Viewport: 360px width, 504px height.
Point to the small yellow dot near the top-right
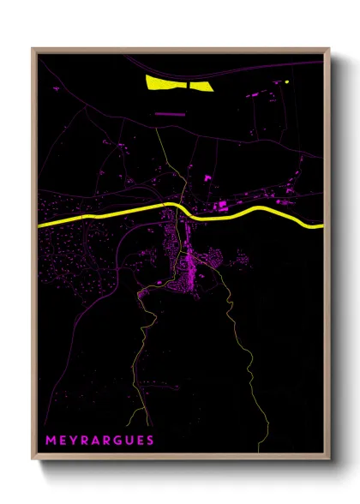(288, 81)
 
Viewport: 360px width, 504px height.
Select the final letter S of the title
(151, 441)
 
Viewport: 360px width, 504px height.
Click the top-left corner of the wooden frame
(33, 49)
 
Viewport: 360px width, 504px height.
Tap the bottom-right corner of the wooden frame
(329, 459)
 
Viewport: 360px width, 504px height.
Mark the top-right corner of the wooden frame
(329, 49)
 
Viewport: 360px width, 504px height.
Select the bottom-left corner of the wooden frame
(33, 459)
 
